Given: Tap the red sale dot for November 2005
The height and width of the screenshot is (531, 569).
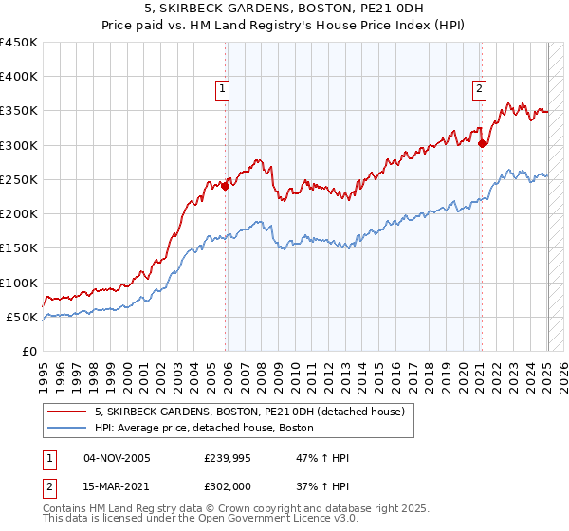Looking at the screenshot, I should (x=226, y=186).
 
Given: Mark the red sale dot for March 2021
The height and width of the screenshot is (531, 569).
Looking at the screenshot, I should (x=483, y=144).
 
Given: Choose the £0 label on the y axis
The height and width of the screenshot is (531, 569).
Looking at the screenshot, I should (x=28, y=351).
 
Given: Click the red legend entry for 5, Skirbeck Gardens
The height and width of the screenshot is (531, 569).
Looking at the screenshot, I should (x=249, y=412).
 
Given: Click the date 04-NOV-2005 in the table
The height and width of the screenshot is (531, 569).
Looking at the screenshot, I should (x=117, y=458).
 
